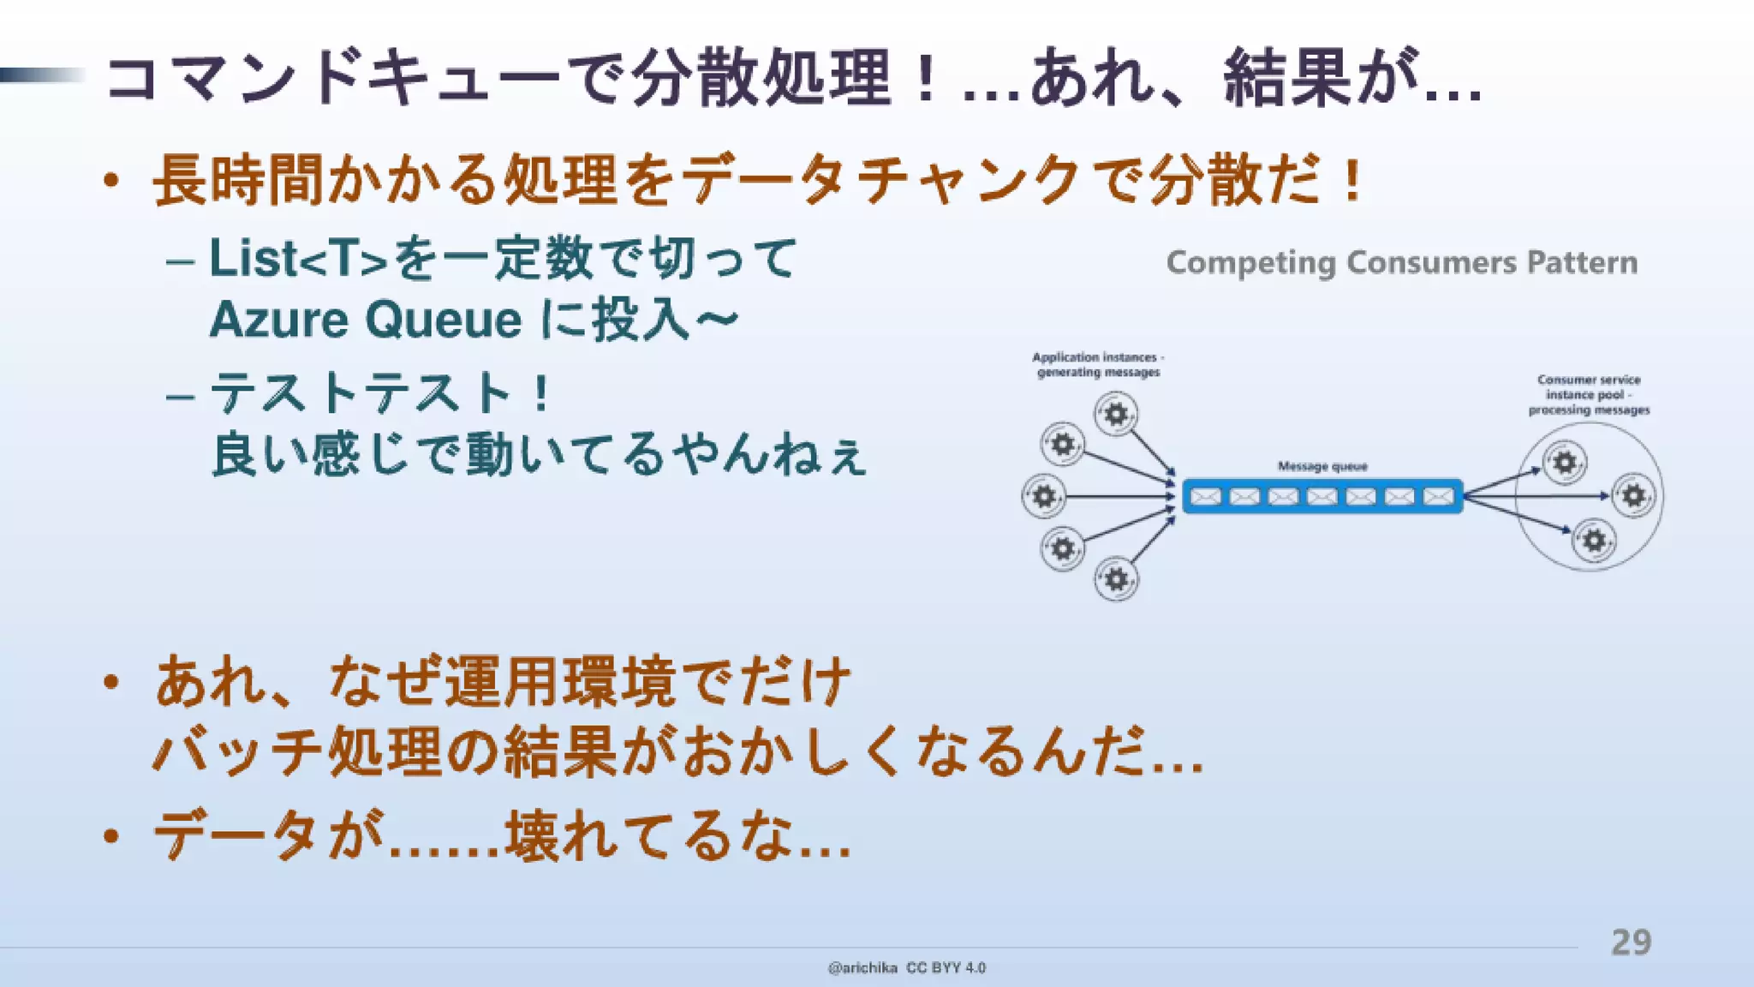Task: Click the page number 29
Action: pyautogui.click(x=1631, y=942)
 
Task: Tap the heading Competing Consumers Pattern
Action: pyautogui.click(x=1401, y=262)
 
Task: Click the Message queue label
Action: pyautogui.click(x=1322, y=466)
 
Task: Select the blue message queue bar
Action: pyautogui.click(x=1322, y=496)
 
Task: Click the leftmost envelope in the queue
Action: pyautogui.click(x=1206, y=496)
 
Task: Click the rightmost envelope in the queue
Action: pyautogui.click(x=1438, y=496)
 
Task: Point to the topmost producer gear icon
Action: pyautogui.click(x=1116, y=415)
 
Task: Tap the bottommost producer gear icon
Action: pyautogui.click(x=1116, y=579)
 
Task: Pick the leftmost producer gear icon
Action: pyautogui.click(x=1043, y=496)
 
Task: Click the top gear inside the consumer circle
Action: pyautogui.click(x=1564, y=463)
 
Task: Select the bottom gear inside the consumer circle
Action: pyautogui.click(x=1593, y=541)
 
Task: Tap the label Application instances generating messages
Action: pyautogui.click(x=1098, y=364)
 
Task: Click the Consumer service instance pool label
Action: pyautogui.click(x=1589, y=394)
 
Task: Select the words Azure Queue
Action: pyautogui.click(x=366, y=320)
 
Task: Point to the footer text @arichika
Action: pyautogui.click(x=862, y=967)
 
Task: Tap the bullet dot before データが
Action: pyautogui.click(x=110, y=835)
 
